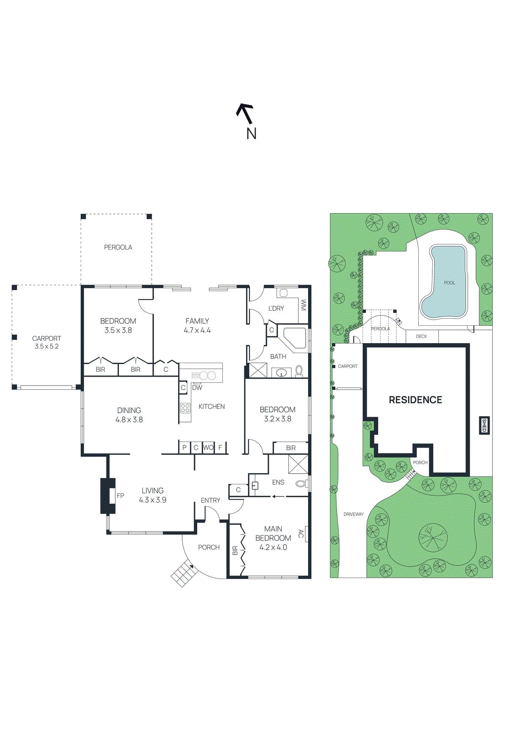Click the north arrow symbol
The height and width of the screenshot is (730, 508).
pos(245,114)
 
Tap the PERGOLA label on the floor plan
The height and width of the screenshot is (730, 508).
pos(118,247)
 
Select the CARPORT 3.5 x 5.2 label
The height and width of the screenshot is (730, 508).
pos(46,342)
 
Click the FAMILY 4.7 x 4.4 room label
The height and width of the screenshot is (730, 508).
pos(197,326)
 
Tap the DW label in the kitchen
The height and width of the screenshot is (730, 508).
pos(197,388)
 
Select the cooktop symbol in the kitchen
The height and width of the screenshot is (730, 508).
pos(185,408)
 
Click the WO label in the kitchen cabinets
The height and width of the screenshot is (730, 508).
pos(208,448)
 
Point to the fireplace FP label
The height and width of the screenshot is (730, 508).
pos(120,495)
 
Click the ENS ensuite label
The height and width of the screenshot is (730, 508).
pos(278,482)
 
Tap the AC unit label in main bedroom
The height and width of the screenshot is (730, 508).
pos(301,533)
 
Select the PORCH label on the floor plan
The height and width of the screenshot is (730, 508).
pos(209,547)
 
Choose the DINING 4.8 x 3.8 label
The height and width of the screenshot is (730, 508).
pos(129,415)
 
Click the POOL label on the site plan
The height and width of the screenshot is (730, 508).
pos(449,283)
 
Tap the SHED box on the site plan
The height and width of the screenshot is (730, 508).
pos(484,425)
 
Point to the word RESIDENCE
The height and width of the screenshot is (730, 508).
pos(415,400)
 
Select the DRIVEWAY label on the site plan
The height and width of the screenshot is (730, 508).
pos(354,514)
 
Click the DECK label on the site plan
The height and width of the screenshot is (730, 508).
pos(421,336)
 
